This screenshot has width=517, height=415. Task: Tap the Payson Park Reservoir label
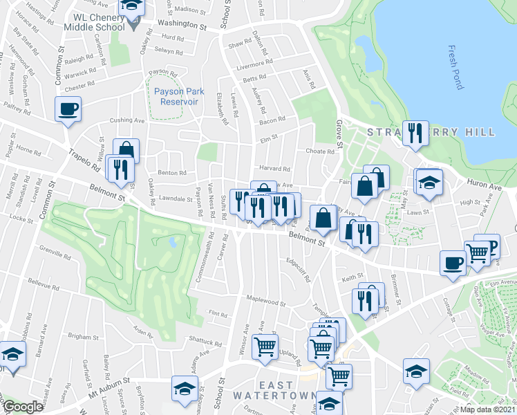[x=176, y=96]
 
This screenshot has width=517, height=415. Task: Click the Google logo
[x=23, y=407]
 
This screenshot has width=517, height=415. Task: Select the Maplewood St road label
[x=267, y=303]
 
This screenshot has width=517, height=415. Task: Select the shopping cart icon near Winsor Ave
[x=265, y=347]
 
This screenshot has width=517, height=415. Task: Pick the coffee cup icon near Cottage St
[x=453, y=264]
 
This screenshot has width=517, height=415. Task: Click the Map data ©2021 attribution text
[x=489, y=409]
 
